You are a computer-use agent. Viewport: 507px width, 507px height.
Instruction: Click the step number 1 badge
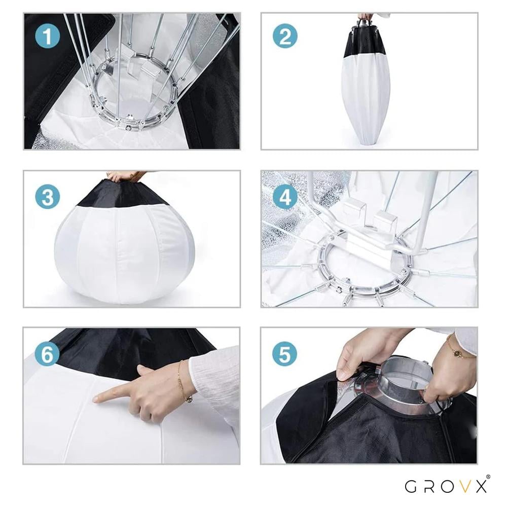tap(48, 36)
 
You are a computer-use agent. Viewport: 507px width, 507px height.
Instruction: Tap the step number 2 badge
tap(285, 36)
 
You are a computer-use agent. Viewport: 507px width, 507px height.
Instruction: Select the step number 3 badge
tap(48, 197)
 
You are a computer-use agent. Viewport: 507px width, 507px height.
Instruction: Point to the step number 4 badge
tap(285, 197)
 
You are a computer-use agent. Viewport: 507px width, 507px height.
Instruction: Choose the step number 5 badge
tap(285, 354)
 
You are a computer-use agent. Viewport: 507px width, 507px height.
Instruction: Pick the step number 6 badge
tap(48, 354)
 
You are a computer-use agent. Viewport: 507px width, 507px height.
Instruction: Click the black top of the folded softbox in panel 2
tap(367, 41)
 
